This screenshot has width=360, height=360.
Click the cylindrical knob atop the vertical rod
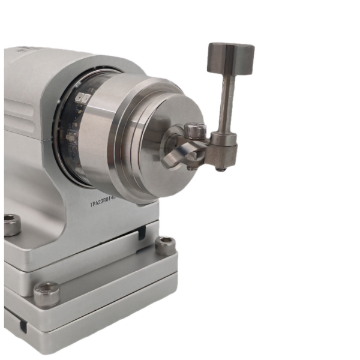click(x=231, y=58)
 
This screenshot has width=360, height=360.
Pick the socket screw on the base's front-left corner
click(x=46, y=293)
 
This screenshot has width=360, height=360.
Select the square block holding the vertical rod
click(x=227, y=152)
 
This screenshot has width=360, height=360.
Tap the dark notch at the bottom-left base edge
click(x=23, y=326)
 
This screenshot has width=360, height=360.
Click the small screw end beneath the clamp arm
click(x=191, y=167)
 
